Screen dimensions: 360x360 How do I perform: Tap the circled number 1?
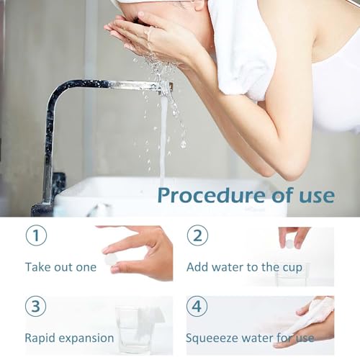36,235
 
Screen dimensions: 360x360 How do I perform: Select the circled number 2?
197,235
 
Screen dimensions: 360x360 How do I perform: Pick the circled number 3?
36,306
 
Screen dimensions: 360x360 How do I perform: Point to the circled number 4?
197,306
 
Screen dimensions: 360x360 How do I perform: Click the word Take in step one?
37,267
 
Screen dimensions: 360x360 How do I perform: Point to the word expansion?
86,338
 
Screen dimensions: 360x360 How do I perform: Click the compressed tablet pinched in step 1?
111,260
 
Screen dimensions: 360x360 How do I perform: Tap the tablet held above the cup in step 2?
289,244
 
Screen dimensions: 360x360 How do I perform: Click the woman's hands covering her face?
153,38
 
